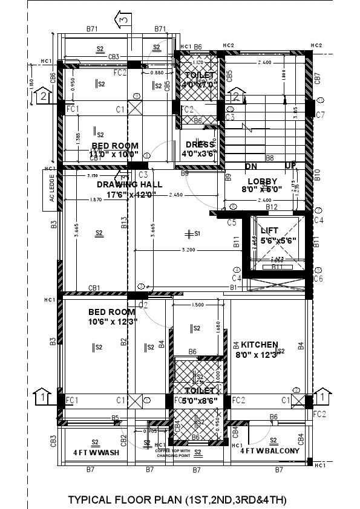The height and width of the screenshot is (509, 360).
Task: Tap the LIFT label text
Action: (269, 231)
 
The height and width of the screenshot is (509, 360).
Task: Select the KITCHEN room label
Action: (260, 344)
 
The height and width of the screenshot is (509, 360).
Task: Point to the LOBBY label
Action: (263, 181)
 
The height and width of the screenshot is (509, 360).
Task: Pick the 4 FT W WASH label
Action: (96, 452)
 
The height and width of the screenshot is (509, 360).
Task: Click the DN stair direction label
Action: (251, 166)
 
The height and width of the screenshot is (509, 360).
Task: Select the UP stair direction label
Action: (290, 166)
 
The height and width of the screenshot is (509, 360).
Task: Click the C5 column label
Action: (232, 222)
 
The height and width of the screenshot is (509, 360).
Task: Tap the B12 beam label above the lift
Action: (271, 207)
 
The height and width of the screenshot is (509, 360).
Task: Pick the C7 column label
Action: (320, 115)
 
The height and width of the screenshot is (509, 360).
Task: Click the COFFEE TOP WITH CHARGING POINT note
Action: (172, 453)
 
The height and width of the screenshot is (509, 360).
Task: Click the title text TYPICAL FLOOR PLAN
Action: (177, 500)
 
